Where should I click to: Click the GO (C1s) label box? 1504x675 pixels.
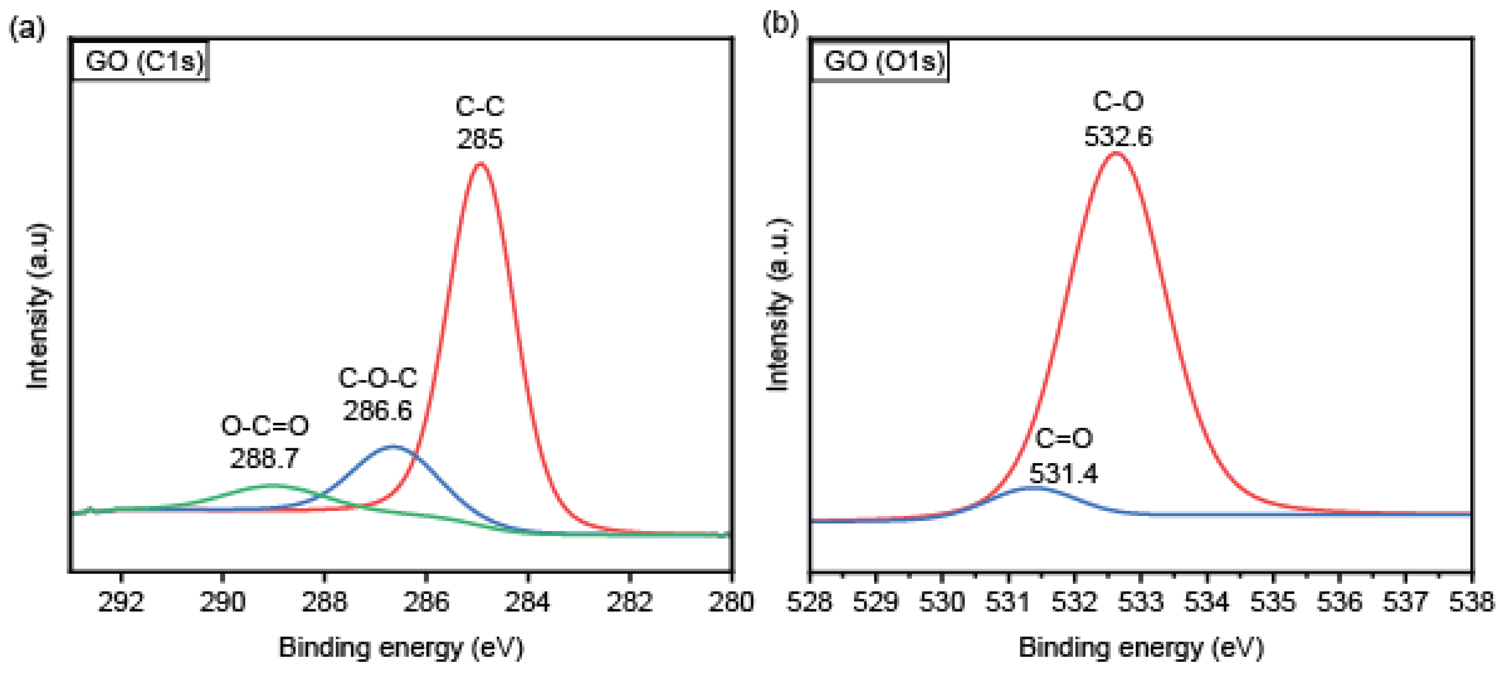coord(140,61)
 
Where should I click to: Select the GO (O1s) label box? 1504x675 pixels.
coord(879,61)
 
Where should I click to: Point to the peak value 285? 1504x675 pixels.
coord(479,139)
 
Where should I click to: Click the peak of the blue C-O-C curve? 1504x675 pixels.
coord(393,447)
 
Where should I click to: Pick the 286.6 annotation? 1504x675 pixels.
coord(377,410)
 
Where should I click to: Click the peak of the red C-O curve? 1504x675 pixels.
coord(1116,154)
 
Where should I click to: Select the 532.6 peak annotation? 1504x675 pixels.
coord(1118,136)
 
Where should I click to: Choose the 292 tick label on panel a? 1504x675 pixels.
coord(121,602)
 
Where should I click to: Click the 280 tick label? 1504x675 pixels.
coord(731,602)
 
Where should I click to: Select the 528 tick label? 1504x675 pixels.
coord(810,602)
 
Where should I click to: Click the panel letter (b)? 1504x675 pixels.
coord(780,25)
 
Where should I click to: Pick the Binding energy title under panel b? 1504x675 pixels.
coord(1141,648)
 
